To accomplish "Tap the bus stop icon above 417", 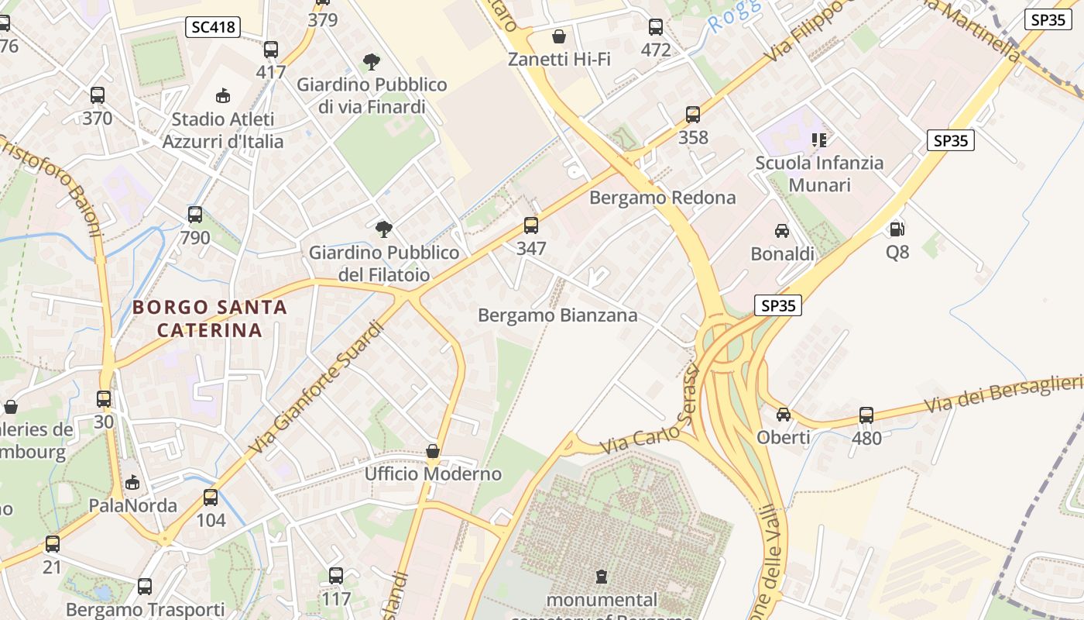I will point(271,50).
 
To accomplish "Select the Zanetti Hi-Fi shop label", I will point(559,59).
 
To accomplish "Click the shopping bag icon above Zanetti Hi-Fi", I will point(558,36).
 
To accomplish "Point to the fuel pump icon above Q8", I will point(897,229).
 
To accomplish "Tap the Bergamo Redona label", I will point(662,198).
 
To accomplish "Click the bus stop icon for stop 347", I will point(531,226).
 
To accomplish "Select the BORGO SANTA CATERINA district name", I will point(210,319).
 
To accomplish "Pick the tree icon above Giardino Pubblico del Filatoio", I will point(383,229).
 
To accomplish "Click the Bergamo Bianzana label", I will point(557,315).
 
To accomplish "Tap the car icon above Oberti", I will point(784,415).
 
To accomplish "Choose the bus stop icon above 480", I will point(866,415).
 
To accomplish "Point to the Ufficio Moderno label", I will point(433,474).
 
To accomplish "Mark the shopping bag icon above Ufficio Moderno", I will point(433,451).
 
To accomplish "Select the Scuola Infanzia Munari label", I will point(819,174).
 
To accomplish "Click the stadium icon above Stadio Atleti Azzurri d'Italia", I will point(223,96).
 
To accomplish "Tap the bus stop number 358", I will point(693,138).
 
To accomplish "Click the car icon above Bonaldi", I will point(782,231).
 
